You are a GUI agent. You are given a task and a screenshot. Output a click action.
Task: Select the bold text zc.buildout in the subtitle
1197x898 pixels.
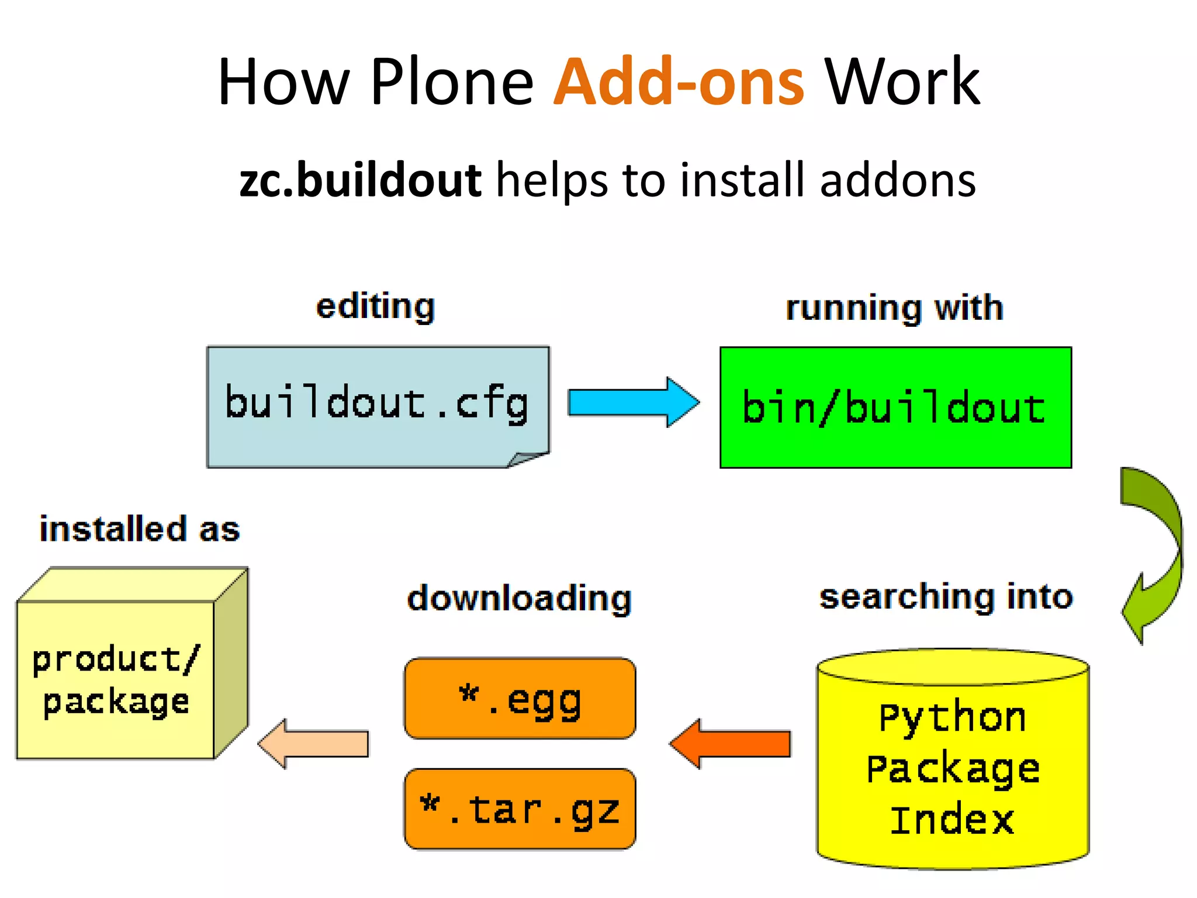(x=360, y=180)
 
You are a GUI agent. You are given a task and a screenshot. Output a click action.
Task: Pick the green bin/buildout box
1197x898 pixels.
(x=895, y=407)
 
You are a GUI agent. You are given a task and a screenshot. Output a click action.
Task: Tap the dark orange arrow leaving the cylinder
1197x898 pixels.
(x=731, y=744)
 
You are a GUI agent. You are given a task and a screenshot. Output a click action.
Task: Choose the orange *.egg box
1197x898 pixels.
(x=520, y=699)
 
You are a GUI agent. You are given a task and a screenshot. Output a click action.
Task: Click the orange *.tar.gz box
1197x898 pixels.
(x=520, y=809)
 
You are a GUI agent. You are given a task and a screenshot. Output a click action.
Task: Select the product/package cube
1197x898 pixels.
(x=117, y=678)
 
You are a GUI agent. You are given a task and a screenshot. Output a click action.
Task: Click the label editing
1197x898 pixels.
(x=375, y=306)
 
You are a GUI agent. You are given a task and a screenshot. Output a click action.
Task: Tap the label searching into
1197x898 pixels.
(x=946, y=597)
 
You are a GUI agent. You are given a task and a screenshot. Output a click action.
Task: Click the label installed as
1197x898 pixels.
(x=140, y=529)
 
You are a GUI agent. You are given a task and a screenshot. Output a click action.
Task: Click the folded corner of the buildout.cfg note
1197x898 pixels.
(x=526, y=460)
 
